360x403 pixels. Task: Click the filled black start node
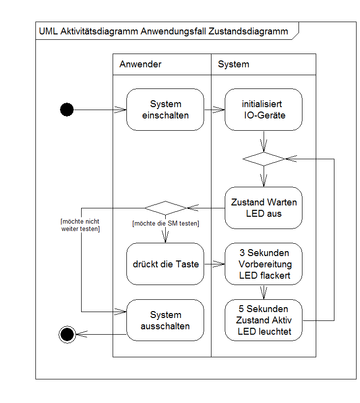(67, 110)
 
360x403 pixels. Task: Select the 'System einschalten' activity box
(165, 110)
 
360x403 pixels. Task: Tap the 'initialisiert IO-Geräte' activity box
(264, 110)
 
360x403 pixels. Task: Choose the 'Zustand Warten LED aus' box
(264, 208)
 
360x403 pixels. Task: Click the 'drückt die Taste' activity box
(165, 264)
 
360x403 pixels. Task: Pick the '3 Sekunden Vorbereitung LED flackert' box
(264, 264)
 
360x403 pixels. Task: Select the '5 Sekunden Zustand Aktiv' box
(264, 320)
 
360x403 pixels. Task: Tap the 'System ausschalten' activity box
(165, 320)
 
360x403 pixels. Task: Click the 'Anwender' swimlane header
(141, 64)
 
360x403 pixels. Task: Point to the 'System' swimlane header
(234, 64)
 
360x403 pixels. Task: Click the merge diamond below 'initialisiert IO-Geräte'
(264, 159)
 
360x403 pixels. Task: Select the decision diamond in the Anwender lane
(165, 208)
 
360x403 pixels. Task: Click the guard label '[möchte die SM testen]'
(165, 224)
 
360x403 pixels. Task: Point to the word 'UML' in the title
(48, 31)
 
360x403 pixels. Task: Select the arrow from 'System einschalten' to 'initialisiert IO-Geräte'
(214, 110)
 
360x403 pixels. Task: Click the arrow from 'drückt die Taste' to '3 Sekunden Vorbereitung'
(214, 264)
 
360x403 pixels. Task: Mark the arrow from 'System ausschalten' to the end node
(100, 334)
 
